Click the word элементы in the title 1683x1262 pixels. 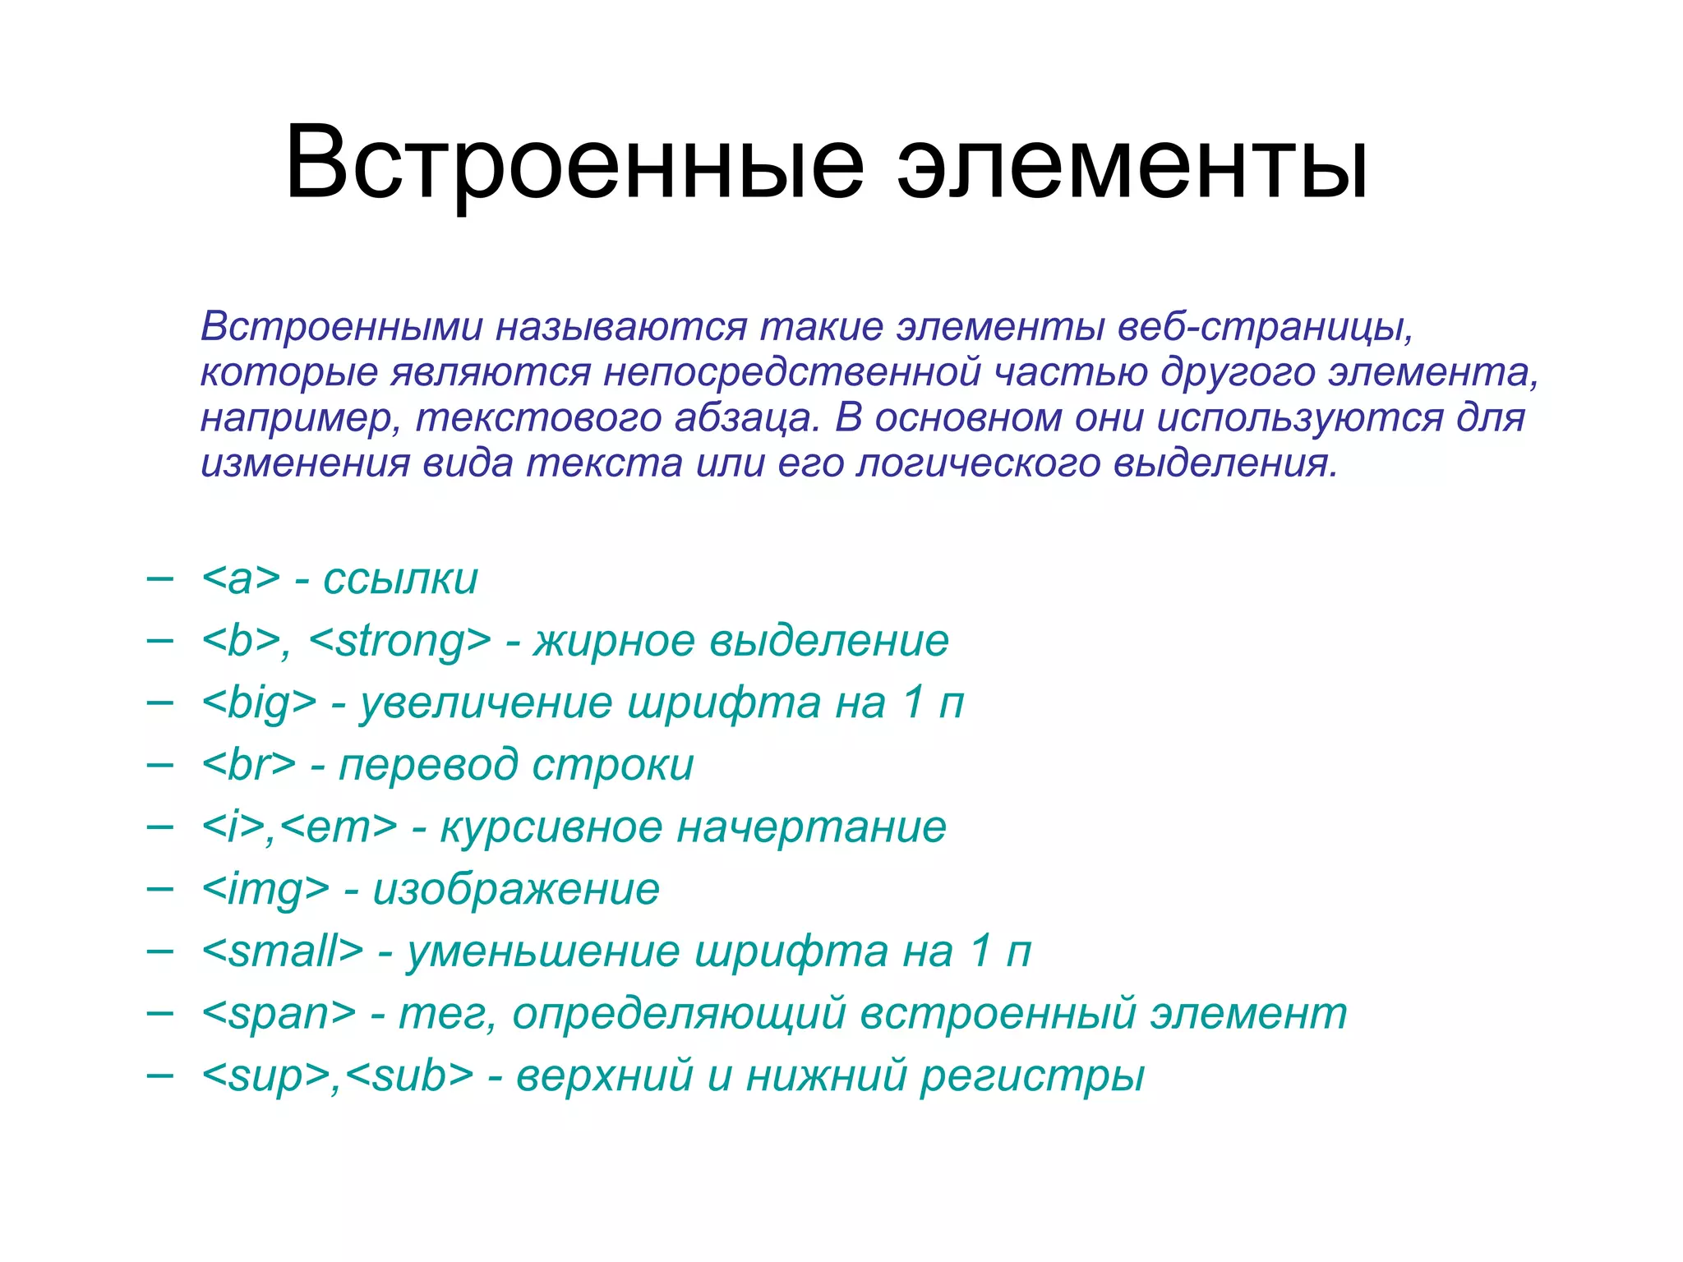(1132, 164)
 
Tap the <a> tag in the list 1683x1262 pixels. (241, 579)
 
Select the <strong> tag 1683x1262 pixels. (400, 641)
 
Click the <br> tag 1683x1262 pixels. (248, 765)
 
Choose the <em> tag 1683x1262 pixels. (339, 827)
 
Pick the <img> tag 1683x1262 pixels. (265, 890)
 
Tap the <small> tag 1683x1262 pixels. (282, 951)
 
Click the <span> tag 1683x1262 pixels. (279, 1014)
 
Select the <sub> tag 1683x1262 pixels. (409, 1075)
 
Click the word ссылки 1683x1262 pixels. (400, 579)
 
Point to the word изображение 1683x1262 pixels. (516, 890)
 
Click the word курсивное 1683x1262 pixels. (551, 827)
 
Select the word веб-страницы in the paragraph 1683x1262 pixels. (1266, 327)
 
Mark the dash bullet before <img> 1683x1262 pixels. (159, 888)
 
